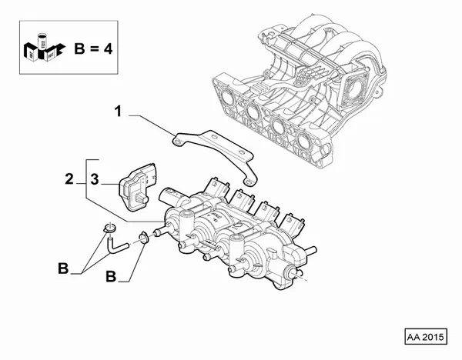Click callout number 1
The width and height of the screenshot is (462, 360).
click(119, 114)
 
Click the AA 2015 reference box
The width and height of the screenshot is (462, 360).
click(426, 337)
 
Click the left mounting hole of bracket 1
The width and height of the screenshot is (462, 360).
click(178, 140)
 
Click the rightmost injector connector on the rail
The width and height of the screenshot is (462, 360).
click(293, 218)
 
